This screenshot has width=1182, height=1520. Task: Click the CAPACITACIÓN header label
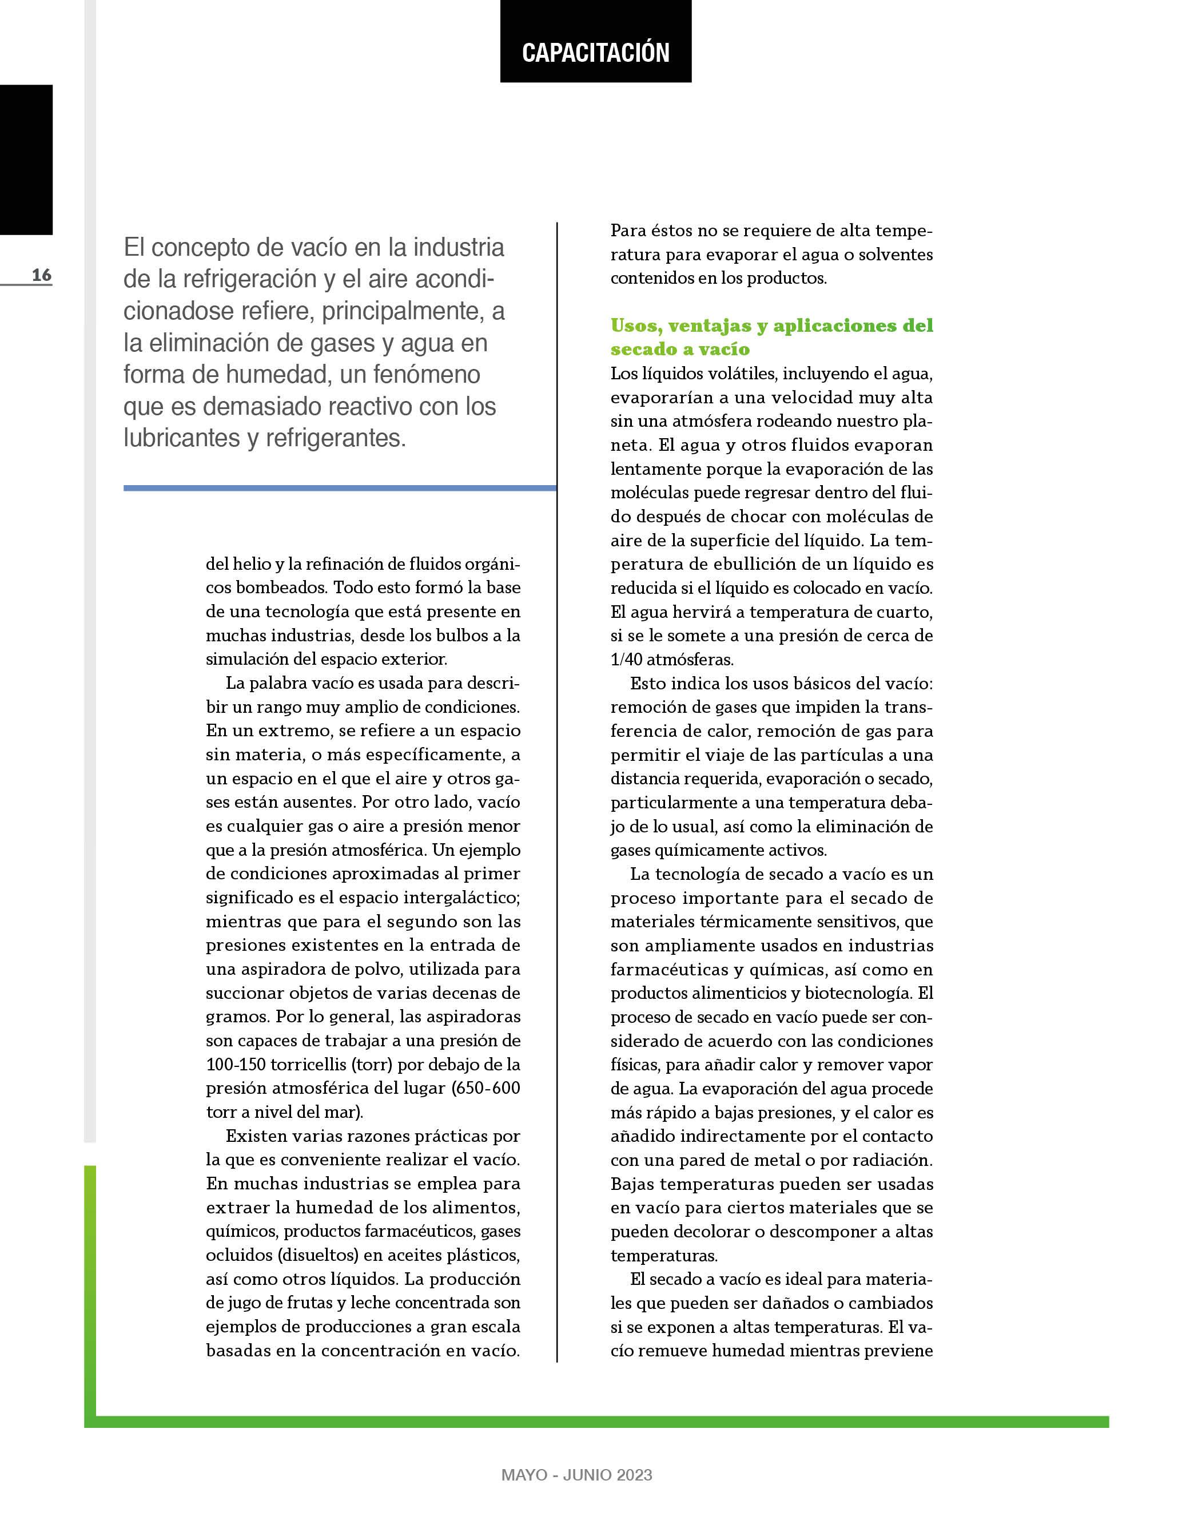(x=595, y=53)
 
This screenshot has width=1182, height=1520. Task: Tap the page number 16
(x=41, y=275)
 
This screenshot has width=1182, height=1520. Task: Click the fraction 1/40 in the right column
(x=626, y=659)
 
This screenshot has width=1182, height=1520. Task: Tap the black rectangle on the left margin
(x=26, y=160)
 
